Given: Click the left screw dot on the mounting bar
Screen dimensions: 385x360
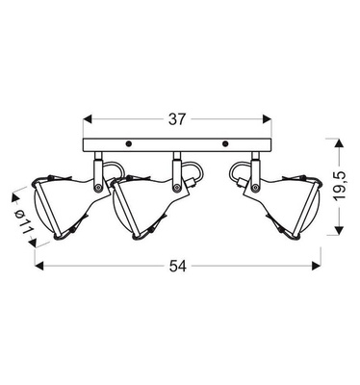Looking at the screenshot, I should click(128, 144).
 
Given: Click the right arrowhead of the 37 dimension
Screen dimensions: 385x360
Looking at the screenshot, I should click(270, 120).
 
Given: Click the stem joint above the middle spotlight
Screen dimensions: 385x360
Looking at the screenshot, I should click(176, 168).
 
